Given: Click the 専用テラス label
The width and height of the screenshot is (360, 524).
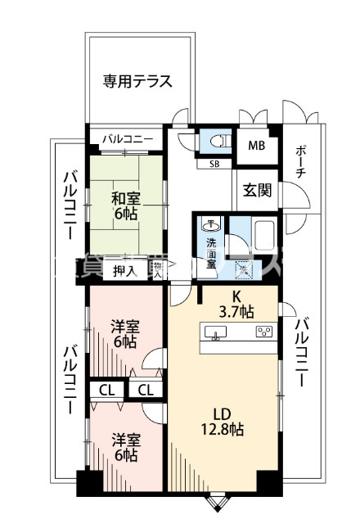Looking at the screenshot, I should click(137, 81).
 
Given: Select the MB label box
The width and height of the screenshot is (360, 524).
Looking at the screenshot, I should click(257, 147).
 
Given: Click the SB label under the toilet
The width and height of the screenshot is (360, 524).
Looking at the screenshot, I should click(214, 164).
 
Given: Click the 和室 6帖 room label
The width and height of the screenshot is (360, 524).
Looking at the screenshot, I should click(125, 205).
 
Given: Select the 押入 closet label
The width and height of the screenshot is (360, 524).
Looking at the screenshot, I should click(124, 270).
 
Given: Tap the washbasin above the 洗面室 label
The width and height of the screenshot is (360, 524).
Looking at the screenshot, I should click(210, 224).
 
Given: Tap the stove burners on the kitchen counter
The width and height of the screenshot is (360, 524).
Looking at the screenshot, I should click(264, 332).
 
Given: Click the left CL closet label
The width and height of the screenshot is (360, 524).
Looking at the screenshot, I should click(106, 390).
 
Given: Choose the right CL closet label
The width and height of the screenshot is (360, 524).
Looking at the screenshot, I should click(146, 390).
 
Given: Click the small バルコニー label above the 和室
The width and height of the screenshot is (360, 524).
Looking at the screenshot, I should click(127, 139).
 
